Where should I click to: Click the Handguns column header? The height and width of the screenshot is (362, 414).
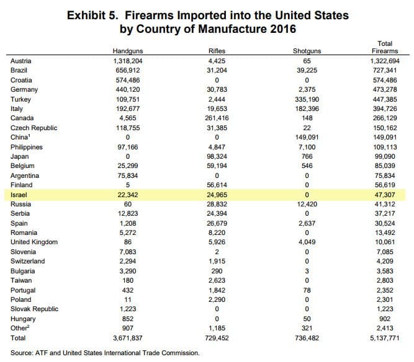point(128,51)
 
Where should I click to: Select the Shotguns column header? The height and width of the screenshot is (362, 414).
point(307,51)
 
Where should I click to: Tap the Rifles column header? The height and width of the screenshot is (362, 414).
point(217,51)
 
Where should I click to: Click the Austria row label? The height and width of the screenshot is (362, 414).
point(21,61)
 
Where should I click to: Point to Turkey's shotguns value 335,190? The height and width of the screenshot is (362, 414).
point(307,99)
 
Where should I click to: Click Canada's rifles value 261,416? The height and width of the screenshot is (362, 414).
point(217,118)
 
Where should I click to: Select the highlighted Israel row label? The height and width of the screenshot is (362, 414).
point(19,195)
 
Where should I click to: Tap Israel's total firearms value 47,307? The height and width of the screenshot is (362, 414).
point(385,195)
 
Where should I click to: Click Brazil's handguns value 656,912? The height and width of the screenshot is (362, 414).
point(128,71)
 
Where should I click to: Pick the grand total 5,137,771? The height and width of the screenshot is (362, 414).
point(385,338)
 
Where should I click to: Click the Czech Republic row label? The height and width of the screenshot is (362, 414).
point(34,128)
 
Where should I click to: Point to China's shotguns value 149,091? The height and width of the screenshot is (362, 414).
point(307,138)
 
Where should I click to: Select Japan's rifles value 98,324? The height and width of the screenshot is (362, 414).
point(217,157)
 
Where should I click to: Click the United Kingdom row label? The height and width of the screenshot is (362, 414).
point(34,242)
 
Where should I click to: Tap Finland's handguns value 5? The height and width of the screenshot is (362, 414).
point(128,185)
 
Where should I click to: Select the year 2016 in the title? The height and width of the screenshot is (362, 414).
point(283,29)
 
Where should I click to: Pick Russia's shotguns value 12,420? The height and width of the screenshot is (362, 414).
point(307,205)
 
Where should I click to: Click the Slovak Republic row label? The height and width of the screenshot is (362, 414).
point(34,309)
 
